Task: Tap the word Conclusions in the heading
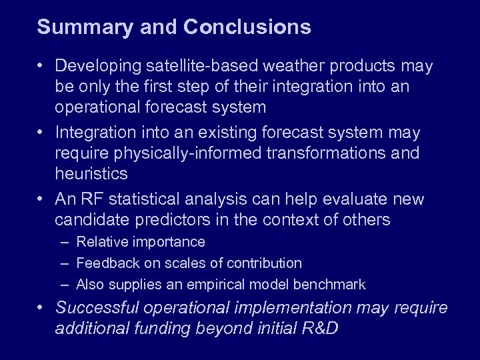[x=247, y=27]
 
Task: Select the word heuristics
[x=91, y=173]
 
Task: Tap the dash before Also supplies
[x=64, y=285]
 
